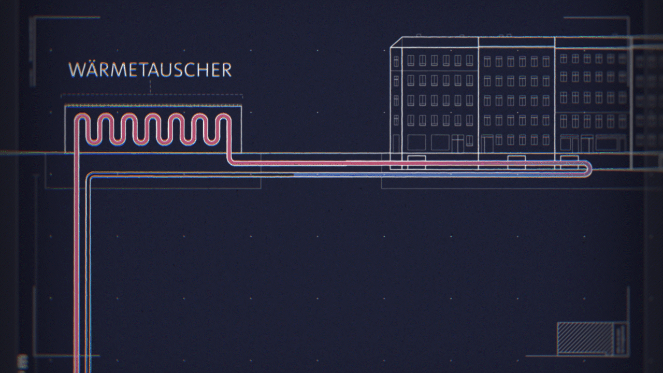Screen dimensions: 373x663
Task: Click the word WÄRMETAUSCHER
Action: [150, 70]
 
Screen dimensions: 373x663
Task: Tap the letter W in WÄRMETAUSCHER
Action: [76, 70]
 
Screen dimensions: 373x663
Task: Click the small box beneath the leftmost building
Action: [416, 158]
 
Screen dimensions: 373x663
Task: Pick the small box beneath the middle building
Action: [515, 158]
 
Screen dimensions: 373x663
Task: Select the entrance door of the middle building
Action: [487, 145]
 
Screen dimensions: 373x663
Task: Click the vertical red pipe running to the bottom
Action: [79, 269]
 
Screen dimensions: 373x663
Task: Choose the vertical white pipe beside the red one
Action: [90, 269]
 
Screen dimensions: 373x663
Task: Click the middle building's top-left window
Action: [486, 62]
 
